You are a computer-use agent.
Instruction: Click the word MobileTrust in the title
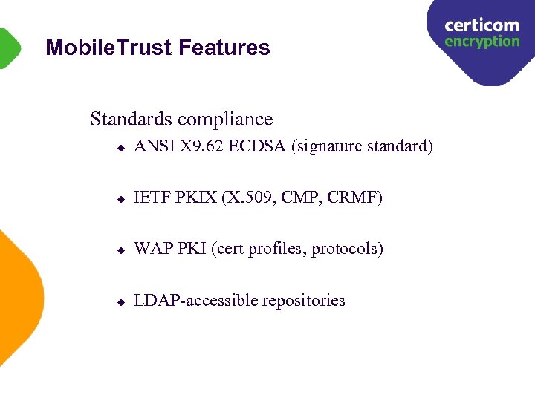(x=109, y=48)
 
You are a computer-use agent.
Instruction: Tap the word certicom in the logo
(x=481, y=25)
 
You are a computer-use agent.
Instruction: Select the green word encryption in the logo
(x=481, y=42)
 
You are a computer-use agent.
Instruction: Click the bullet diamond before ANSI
(x=120, y=147)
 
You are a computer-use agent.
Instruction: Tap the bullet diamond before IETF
(x=120, y=199)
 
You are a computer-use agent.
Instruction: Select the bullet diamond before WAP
(x=120, y=250)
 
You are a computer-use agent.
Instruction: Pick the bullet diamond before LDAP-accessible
(x=120, y=302)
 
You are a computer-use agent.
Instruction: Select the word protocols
(x=347, y=250)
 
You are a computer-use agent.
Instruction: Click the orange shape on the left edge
(x=19, y=297)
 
